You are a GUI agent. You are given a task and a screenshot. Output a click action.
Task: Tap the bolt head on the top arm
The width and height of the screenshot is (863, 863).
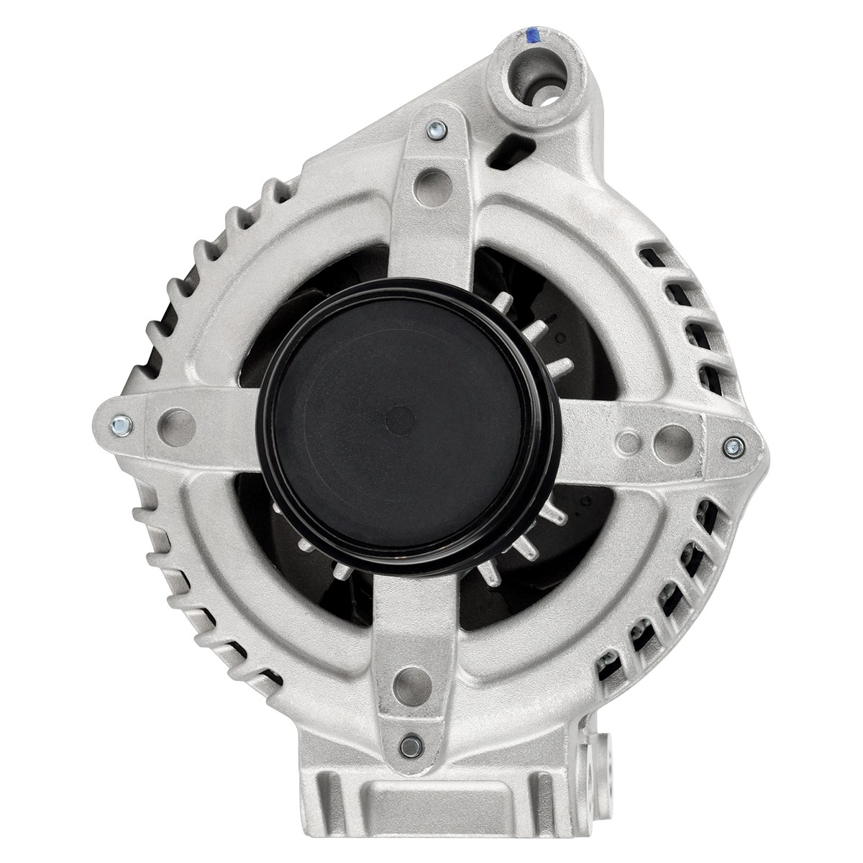coord(434,130)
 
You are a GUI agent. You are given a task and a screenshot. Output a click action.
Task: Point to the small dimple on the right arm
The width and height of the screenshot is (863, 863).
coord(631,439)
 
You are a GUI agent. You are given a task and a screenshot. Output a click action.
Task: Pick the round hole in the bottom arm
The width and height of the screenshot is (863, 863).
coord(408,679)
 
